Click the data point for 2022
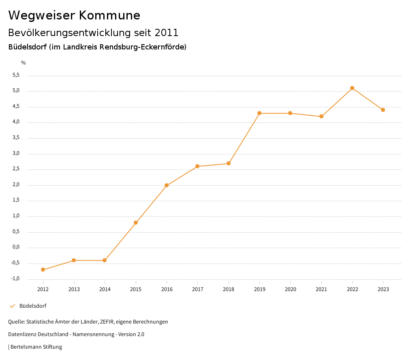pyautogui.click(x=352, y=88)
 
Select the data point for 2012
pyautogui.click(x=43, y=270)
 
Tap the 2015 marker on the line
pyautogui.click(x=136, y=223)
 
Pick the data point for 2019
pyautogui.click(x=259, y=113)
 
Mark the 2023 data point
pyautogui.click(x=383, y=110)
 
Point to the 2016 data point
pyautogui.click(x=167, y=185)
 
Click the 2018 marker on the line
pyautogui.click(x=229, y=163)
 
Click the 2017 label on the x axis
pyautogui.click(x=198, y=289)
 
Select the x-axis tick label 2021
pyautogui.click(x=321, y=289)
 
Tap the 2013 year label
pyautogui.click(x=74, y=289)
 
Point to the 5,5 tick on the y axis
pyautogui.click(x=16, y=75)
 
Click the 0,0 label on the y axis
pyautogui.click(x=16, y=247)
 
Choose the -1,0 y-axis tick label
pyautogui.click(x=15, y=279)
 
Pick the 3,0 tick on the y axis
pyautogui.click(x=16, y=154)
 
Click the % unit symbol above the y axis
pyautogui.click(x=24, y=63)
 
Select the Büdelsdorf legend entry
pyautogui.click(x=32, y=306)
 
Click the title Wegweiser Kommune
pyautogui.click(x=74, y=15)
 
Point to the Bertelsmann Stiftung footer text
pyautogui.click(x=36, y=347)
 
